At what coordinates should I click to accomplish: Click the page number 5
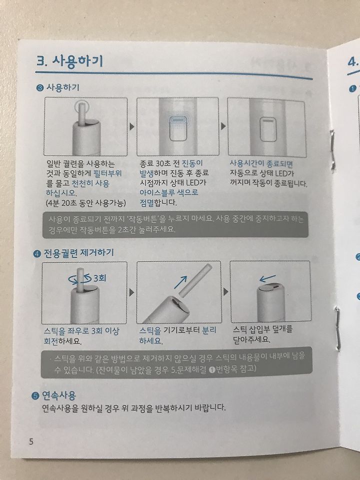click(31, 442)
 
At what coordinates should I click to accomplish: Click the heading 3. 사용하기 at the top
click(69, 61)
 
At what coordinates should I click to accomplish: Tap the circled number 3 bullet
click(40, 88)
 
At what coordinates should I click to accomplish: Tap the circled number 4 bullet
click(37, 254)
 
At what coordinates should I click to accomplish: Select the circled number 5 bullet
click(35, 396)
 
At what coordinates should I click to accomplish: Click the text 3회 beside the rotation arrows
click(99, 278)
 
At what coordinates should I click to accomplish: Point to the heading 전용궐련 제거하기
click(78, 253)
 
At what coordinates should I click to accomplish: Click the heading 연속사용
click(58, 395)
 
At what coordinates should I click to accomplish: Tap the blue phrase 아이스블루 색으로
click(169, 193)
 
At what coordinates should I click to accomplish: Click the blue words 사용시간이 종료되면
click(261, 164)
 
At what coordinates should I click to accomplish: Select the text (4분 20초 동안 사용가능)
click(85, 203)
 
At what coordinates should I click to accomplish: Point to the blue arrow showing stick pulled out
click(180, 282)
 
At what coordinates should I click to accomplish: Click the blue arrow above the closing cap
click(267, 278)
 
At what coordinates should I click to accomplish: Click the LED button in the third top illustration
click(268, 130)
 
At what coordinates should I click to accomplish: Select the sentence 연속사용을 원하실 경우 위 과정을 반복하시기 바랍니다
click(134, 408)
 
